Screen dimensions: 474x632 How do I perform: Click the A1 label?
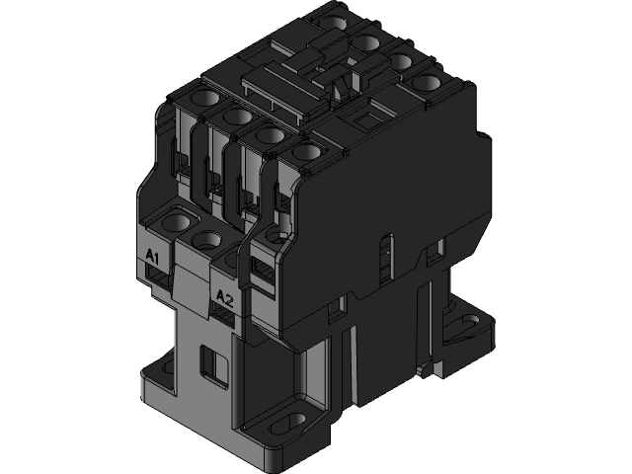153,257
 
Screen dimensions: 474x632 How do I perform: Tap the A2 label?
222,297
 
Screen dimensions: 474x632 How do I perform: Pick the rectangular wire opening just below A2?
223,313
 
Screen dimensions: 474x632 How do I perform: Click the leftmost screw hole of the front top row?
206,98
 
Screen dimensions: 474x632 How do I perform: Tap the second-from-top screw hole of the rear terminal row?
368,40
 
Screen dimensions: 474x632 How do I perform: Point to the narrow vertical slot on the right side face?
386,258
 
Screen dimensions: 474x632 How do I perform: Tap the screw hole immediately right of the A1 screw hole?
208,238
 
